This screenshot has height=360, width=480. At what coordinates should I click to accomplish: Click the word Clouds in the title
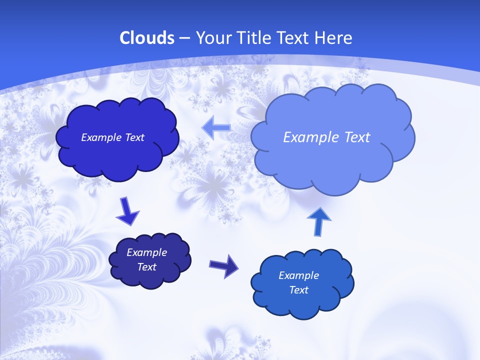(146, 38)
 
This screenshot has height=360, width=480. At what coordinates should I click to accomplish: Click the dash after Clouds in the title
(184, 38)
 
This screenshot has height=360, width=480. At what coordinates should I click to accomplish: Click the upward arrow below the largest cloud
(320, 221)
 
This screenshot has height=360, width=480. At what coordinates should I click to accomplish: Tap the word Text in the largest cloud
(356, 137)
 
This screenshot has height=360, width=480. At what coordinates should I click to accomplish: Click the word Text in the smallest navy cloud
(147, 267)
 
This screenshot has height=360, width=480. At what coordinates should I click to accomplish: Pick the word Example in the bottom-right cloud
(298, 275)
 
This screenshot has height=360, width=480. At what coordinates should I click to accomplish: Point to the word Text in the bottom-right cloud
(298, 290)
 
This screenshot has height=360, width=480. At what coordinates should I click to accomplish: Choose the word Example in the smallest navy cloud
(147, 252)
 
